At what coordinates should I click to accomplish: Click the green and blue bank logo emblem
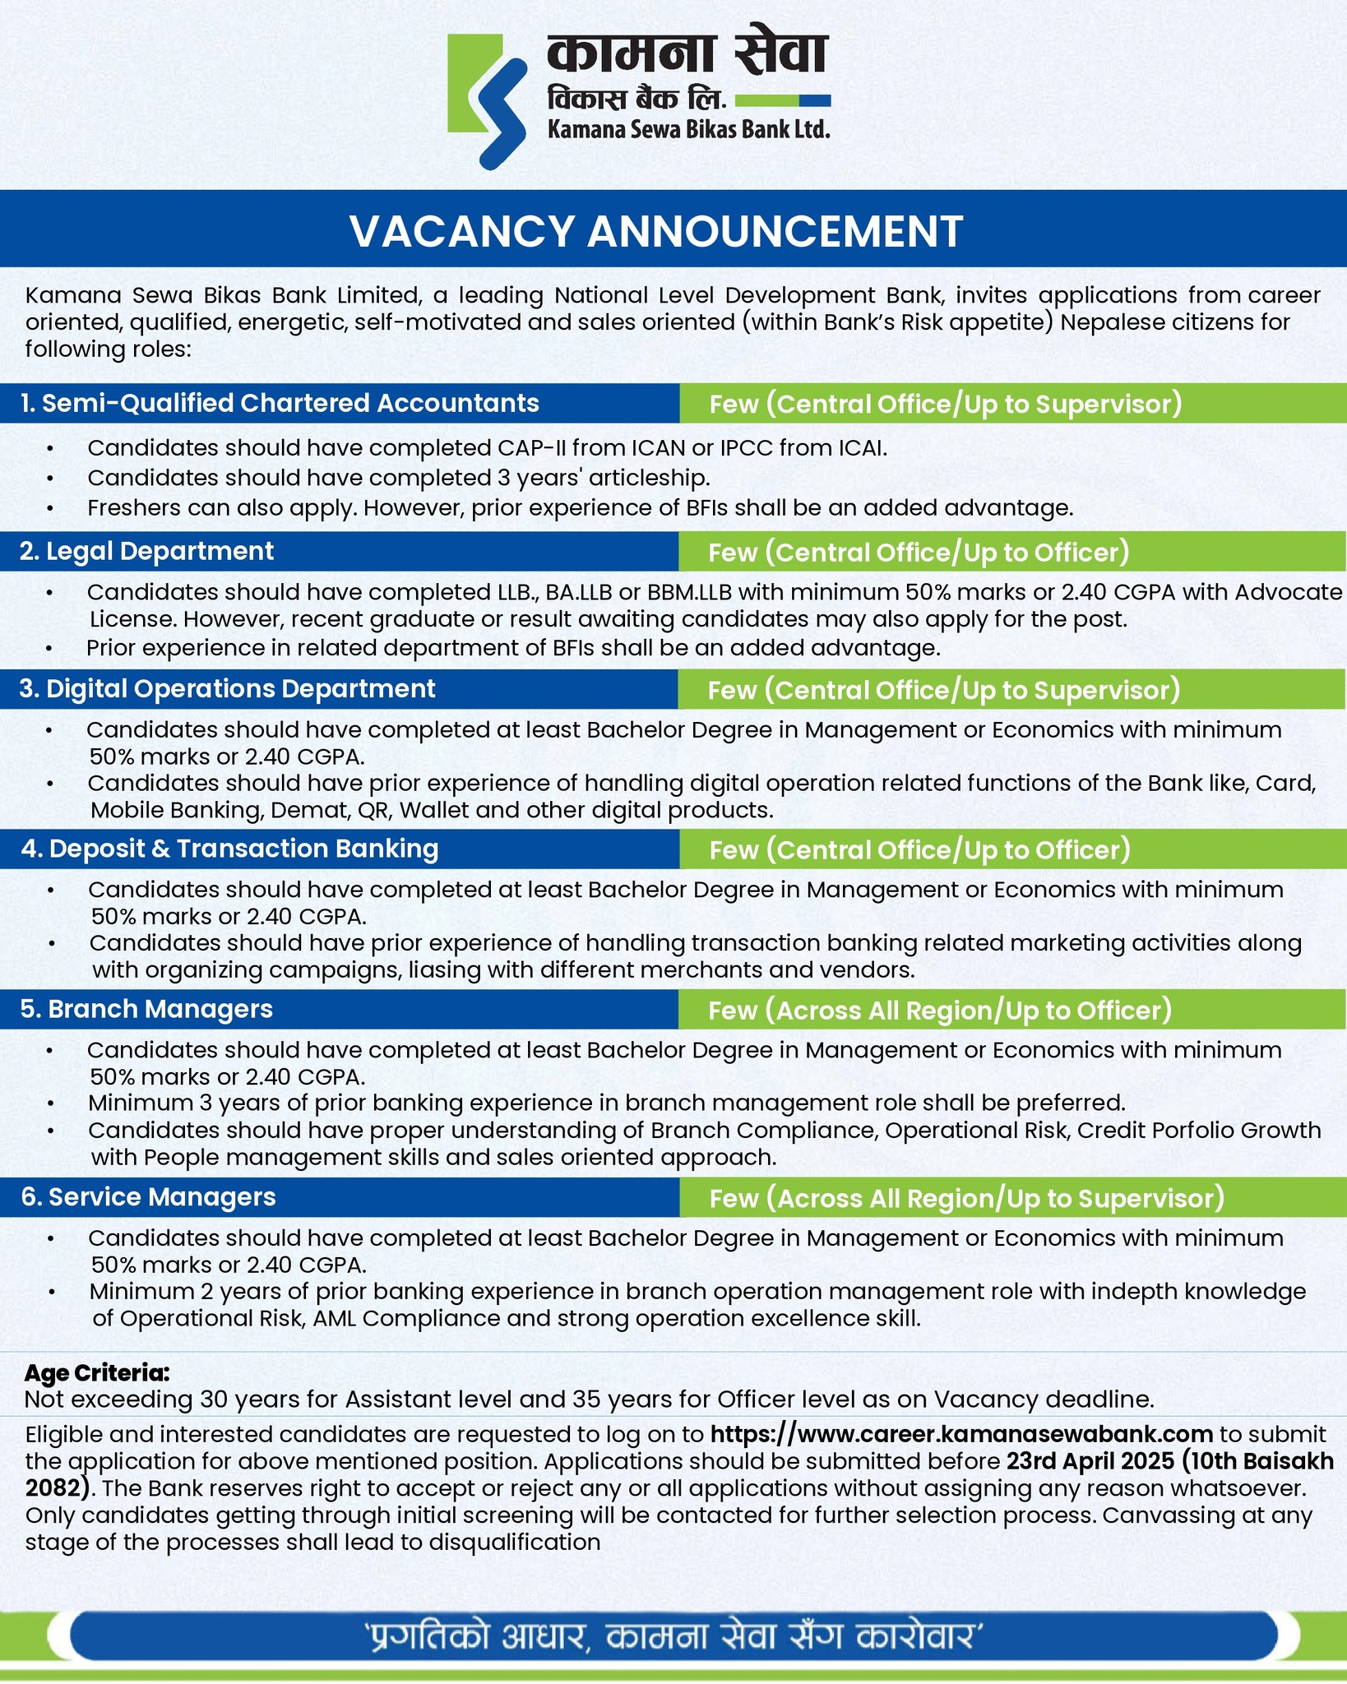click(x=487, y=101)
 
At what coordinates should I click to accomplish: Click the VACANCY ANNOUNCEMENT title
click(x=656, y=231)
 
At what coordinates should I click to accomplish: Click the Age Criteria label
click(x=97, y=1372)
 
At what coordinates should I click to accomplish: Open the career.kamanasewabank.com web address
click(x=961, y=1434)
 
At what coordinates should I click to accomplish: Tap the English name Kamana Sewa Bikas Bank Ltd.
click(x=688, y=129)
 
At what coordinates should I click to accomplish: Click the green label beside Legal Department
click(x=919, y=553)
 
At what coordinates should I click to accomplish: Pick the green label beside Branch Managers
click(x=939, y=1011)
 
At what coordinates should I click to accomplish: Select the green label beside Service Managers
click(x=966, y=1198)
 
